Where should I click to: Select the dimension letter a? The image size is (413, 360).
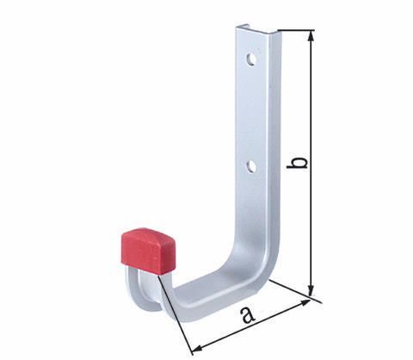249,315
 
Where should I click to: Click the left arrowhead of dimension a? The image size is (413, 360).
197,346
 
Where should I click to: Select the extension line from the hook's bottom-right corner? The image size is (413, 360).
293,291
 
